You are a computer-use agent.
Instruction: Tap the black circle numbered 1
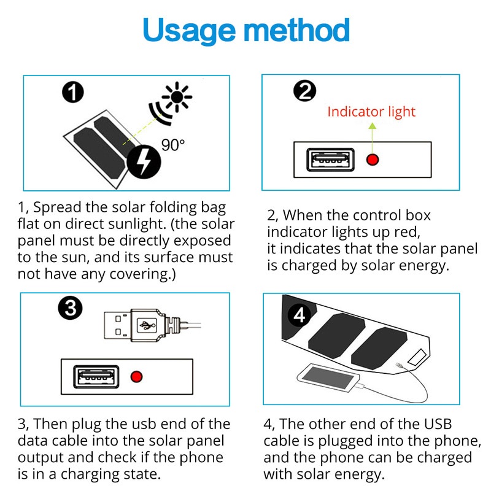tap(73, 93)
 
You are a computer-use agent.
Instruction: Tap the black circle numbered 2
tap(304, 91)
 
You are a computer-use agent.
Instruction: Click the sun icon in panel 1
tap(178, 97)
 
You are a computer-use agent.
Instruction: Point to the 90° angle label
tap(173, 145)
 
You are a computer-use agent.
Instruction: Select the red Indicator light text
tap(371, 112)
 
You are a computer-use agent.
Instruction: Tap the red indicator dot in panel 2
tap(372, 160)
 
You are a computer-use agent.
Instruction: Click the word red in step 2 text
tap(408, 232)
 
